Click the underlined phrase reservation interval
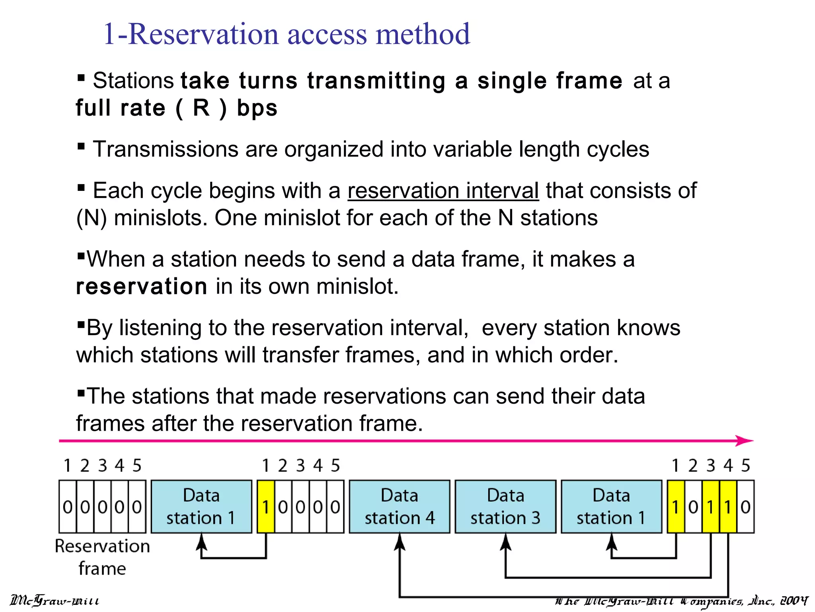click(x=443, y=191)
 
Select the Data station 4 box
click(x=400, y=506)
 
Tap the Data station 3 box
click(x=505, y=506)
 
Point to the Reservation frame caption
click(x=102, y=557)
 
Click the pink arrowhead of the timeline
click(x=744, y=441)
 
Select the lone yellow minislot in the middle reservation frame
click(x=266, y=507)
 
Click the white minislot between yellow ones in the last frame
click(x=693, y=507)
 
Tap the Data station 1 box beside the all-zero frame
click(x=201, y=506)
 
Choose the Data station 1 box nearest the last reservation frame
click(x=611, y=506)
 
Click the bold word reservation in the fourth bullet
click(x=141, y=287)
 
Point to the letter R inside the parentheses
click(x=201, y=108)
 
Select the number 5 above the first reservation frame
click(x=137, y=465)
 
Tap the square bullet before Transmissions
click(x=81, y=146)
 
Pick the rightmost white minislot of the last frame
click(x=745, y=507)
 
